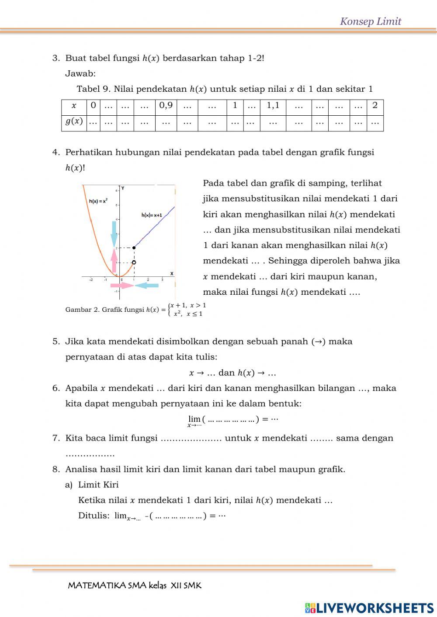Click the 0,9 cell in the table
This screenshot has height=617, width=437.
[166, 106]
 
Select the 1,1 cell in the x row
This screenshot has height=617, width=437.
[273, 106]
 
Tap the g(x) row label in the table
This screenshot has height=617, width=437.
[74, 122]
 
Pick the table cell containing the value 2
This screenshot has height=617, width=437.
[375, 106]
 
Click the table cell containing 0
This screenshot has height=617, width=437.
[93, 106]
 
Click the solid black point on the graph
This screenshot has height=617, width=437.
[134, 248]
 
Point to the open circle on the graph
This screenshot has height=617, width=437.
[134, 262]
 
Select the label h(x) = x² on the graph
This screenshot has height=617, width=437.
[98, 201]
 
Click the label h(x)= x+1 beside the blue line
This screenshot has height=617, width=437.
[152, 215]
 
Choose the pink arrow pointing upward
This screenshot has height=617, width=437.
[114, 261]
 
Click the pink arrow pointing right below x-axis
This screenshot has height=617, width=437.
[121, 286]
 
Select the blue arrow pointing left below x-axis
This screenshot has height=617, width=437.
[147, 286]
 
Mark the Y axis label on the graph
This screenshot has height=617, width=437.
[123, 188]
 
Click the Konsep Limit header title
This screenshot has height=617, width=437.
[370, 21]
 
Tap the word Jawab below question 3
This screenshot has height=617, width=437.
[80, 73]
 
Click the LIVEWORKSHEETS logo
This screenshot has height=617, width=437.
[369, 607]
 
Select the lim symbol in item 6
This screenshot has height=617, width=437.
[194, 419]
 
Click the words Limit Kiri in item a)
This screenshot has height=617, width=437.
[98, 485]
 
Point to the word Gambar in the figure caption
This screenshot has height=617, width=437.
[77, 310]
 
